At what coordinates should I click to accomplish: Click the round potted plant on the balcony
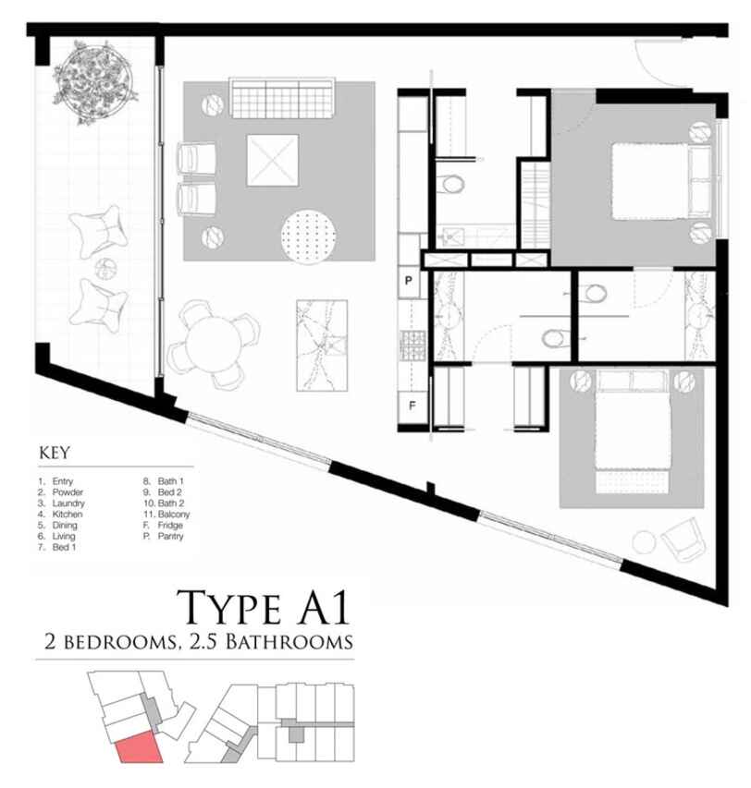click(93, 82)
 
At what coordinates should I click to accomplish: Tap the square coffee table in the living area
click(273, 161)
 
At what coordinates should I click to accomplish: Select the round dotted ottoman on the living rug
click(308, 236)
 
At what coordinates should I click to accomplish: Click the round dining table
click(213, 345)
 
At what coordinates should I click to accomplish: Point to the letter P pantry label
click(409, 281)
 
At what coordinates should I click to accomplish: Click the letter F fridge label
click(412, 405)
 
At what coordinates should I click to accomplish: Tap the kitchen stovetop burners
click(412, 346)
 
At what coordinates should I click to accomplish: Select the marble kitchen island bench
click(322, 346)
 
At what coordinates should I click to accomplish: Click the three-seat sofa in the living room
click(282, 98)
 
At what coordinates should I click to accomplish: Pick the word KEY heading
click(55, 453)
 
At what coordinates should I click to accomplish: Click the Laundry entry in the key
click(68, 503)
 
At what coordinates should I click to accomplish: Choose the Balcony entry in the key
click(174, 515)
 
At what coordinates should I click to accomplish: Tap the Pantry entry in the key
click(170, 536)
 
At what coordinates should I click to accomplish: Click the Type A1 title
click(263, 607)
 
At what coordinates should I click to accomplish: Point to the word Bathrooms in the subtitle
click(289, 642)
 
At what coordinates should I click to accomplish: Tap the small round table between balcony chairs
click(105, 268)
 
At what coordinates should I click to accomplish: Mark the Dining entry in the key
click(65, 525)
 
